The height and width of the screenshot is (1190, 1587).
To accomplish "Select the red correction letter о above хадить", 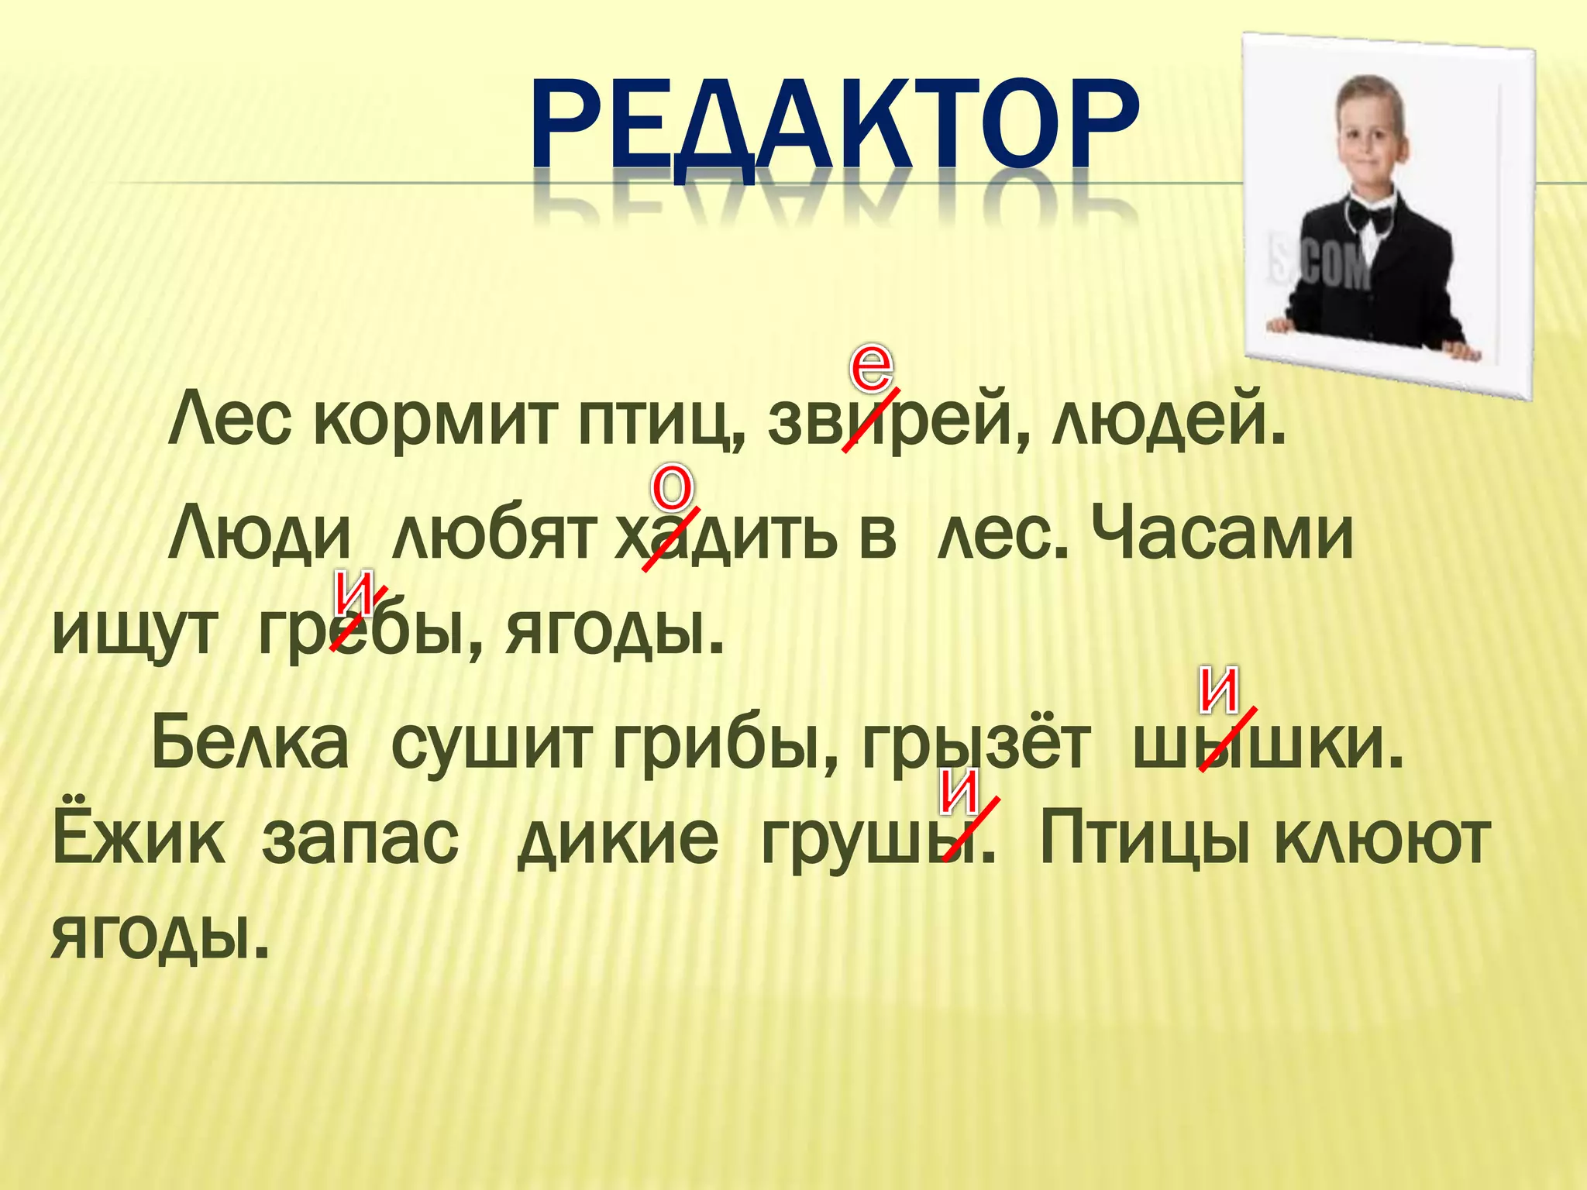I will coord(672,488).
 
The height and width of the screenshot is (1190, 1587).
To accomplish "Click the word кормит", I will coord(435,422).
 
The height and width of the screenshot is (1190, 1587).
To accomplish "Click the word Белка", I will coord(250,742).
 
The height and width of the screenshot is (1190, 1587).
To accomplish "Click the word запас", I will coord(360,840).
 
